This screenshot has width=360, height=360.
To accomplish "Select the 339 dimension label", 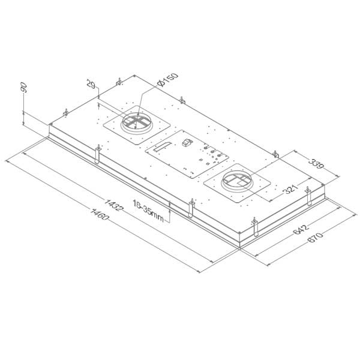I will [313, 164].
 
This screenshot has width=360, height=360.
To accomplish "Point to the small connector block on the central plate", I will [186, 143].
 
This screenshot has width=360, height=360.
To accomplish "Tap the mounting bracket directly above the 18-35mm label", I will [191, 206].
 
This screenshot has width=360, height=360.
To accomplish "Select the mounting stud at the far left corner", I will [64, 113].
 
